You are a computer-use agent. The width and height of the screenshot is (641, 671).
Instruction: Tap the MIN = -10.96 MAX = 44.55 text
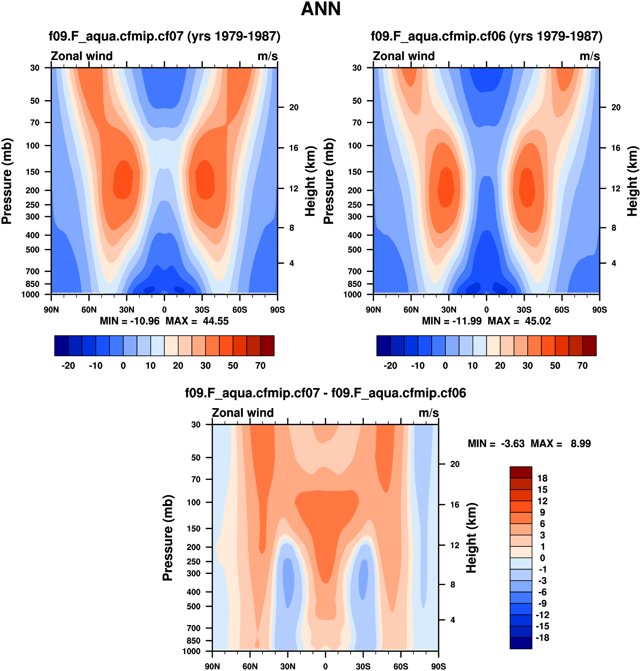(x=164, y=321)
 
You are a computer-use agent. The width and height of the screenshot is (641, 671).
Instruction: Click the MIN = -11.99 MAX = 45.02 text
(x=486, y=321)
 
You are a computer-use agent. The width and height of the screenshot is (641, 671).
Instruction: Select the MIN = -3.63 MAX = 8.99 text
(x=529, y=444)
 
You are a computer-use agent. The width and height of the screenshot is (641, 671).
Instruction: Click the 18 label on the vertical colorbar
(x=542, y=478)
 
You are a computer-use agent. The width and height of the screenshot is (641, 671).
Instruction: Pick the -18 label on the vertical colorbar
(x=542, y=638)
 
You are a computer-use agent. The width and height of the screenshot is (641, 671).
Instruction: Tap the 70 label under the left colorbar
(x=260, y=366)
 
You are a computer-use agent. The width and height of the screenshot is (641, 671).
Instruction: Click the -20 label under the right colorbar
(x=390, y=366)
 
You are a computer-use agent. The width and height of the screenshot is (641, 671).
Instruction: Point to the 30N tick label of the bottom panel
(x=288, y=666)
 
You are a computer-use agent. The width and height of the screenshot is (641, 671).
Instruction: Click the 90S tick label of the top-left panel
(x=277, y=310)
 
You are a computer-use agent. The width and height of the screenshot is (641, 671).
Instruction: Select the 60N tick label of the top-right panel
(x=411, y=310)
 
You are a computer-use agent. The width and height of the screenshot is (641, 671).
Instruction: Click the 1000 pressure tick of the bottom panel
(x=191, y=651)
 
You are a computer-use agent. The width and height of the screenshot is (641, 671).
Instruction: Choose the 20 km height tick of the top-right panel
(x=616, y=107)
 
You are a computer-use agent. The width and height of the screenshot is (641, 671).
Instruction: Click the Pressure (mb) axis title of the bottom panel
(x=168, y=538)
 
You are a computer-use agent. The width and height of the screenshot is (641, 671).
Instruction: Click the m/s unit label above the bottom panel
(x=429, y=413)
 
